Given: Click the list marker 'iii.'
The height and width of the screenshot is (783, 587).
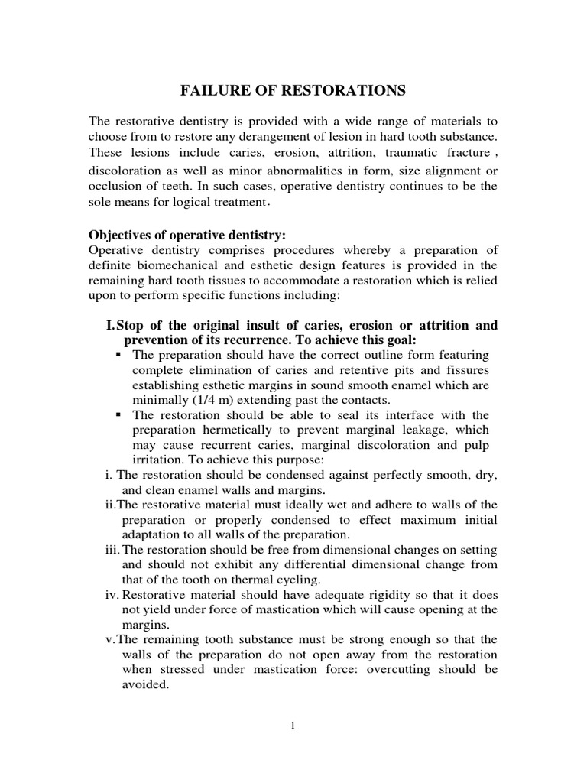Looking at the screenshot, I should (112, 549).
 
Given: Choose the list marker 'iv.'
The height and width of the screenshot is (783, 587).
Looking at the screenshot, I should (112, 594).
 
